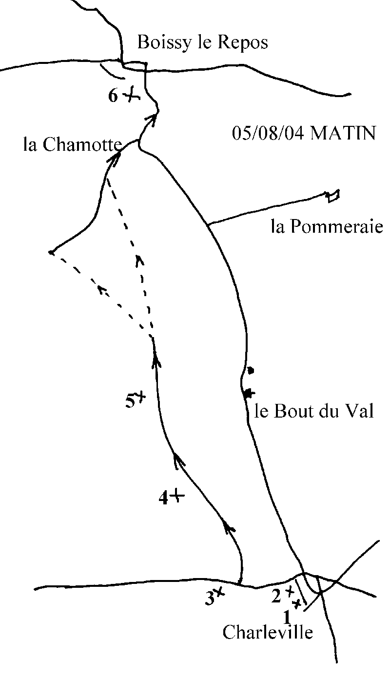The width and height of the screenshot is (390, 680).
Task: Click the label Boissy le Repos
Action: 202,43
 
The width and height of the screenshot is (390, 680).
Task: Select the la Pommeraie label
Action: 327,227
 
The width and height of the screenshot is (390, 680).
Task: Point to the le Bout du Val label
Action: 314,412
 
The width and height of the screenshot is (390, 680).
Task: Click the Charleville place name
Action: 268,633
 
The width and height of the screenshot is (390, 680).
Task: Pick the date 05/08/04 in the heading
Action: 267,133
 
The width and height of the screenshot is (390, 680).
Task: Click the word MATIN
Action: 343,133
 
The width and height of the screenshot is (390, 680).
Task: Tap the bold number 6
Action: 113,96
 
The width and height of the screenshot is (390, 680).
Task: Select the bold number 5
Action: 130,402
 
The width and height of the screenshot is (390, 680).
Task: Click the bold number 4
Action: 164,498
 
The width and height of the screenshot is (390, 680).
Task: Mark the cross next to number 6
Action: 130,95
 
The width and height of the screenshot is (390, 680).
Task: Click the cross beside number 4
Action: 177,497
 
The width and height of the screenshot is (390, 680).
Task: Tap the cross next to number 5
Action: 141,396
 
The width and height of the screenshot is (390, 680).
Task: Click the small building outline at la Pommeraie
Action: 333,196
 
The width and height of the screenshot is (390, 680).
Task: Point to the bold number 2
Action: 276,596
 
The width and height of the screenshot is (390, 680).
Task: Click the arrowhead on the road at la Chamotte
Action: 117,156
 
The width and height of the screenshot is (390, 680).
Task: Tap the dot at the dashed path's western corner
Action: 51,252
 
